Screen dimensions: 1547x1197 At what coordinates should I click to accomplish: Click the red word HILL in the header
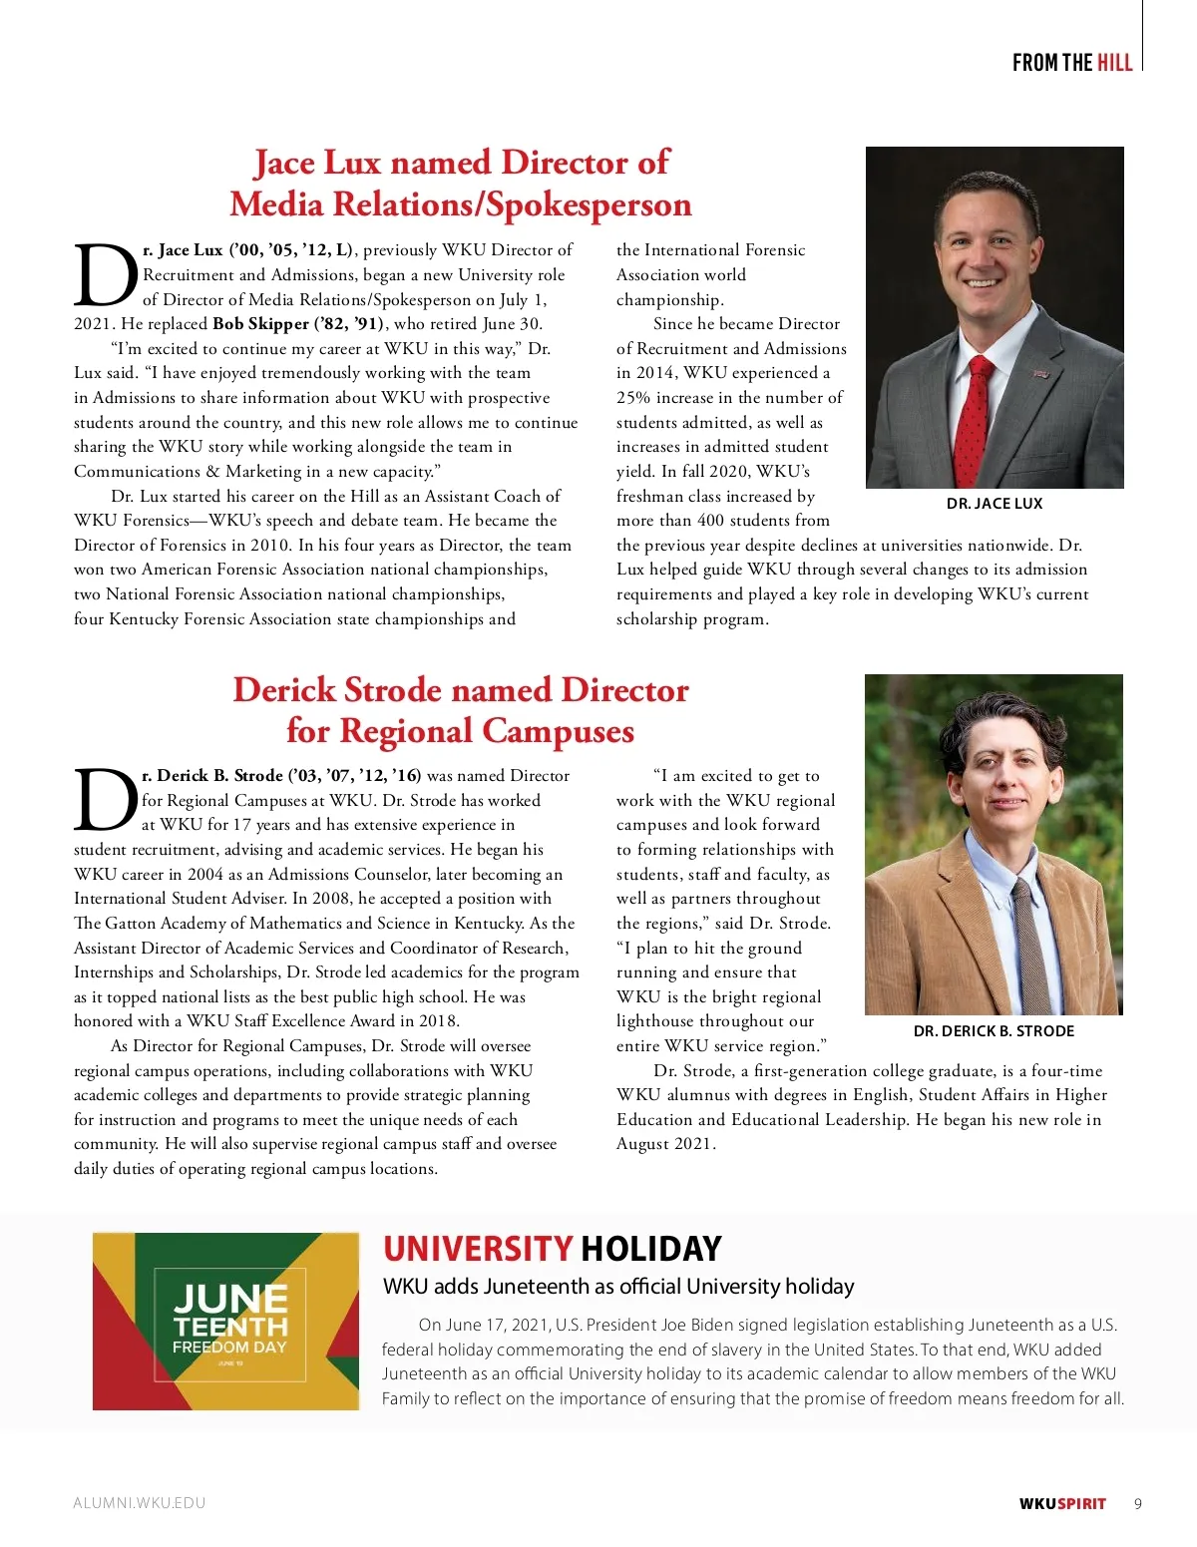(x=1114, y=63)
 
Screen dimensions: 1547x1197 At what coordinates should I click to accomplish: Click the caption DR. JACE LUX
(x=994, y=504)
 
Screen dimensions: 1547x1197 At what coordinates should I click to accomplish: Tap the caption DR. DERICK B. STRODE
(x=994, y=1031)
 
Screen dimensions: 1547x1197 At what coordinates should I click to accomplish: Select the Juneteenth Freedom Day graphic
(x=226, y=1321)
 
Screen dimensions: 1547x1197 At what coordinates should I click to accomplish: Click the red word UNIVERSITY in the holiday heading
(x=478, y=1249)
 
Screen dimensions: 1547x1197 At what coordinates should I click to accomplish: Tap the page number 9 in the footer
(x=1138, y=1503)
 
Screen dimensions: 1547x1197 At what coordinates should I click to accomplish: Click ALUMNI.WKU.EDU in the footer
(x=139, y=1503)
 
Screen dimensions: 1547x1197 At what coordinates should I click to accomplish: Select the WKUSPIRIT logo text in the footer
(x=1062, y=1503)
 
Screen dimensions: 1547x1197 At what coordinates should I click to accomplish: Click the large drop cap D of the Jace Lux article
(x=105, y=276)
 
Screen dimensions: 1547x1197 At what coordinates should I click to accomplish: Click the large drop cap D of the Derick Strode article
(x=105, y=801)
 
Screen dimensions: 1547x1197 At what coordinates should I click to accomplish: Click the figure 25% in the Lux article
(x=633, y=397)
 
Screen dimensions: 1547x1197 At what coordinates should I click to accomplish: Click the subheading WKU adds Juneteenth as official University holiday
(x=618, y=1287)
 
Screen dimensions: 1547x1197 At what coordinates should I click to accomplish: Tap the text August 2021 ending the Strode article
(x=663, y=1144)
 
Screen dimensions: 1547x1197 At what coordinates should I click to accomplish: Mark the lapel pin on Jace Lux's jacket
(x=1040, y=375)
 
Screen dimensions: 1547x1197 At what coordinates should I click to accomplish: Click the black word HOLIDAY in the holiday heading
(x=651, y=1249)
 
